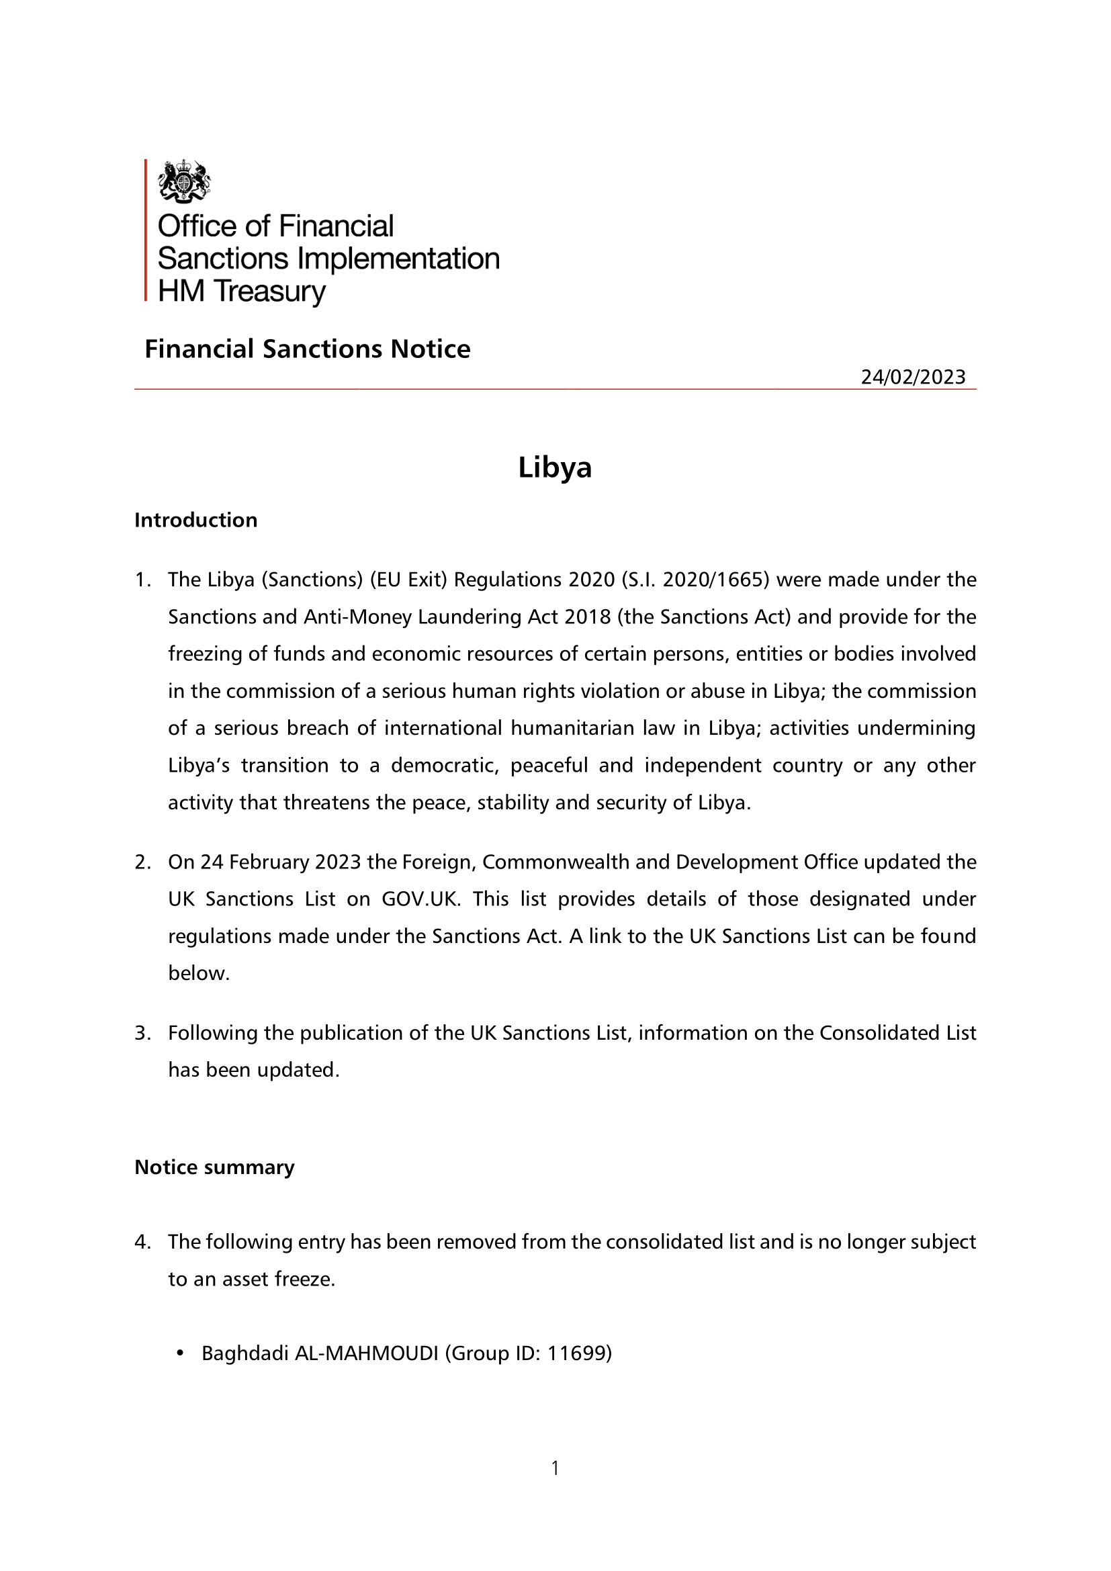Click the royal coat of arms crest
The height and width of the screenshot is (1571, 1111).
[x=183, y=181]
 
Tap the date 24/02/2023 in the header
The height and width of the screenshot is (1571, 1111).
[x=913, y=377]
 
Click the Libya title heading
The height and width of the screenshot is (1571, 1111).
[x=555, y=467]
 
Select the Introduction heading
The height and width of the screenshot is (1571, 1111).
[x=195, y=520]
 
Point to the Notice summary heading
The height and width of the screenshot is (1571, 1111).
[x=214, y=1167]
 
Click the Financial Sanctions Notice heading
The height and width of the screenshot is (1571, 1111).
[x=307, y=349]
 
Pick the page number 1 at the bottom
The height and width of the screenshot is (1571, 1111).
[x=555, y=1468]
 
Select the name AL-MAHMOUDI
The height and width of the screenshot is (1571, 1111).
[x=366, y=1353]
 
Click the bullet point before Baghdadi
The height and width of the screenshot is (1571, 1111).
[x=180, y=1353]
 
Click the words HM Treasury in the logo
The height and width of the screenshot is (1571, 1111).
[x=242, y=291]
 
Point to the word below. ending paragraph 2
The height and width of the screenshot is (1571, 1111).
[x=198, y=973]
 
